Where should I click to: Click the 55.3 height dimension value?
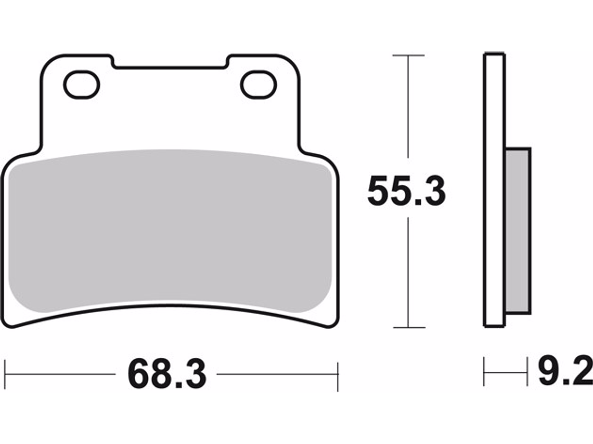[406, 192]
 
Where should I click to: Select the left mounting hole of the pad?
[82, 85]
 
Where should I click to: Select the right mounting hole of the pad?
[259, 85]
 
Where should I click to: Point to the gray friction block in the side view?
[518, 231]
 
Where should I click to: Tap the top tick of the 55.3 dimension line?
[408, 55]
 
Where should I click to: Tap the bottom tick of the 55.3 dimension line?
[409, 328]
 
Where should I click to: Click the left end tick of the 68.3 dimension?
[5, 374]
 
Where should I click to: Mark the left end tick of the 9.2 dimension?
[484, 372]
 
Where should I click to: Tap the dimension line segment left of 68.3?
[60, 374]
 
